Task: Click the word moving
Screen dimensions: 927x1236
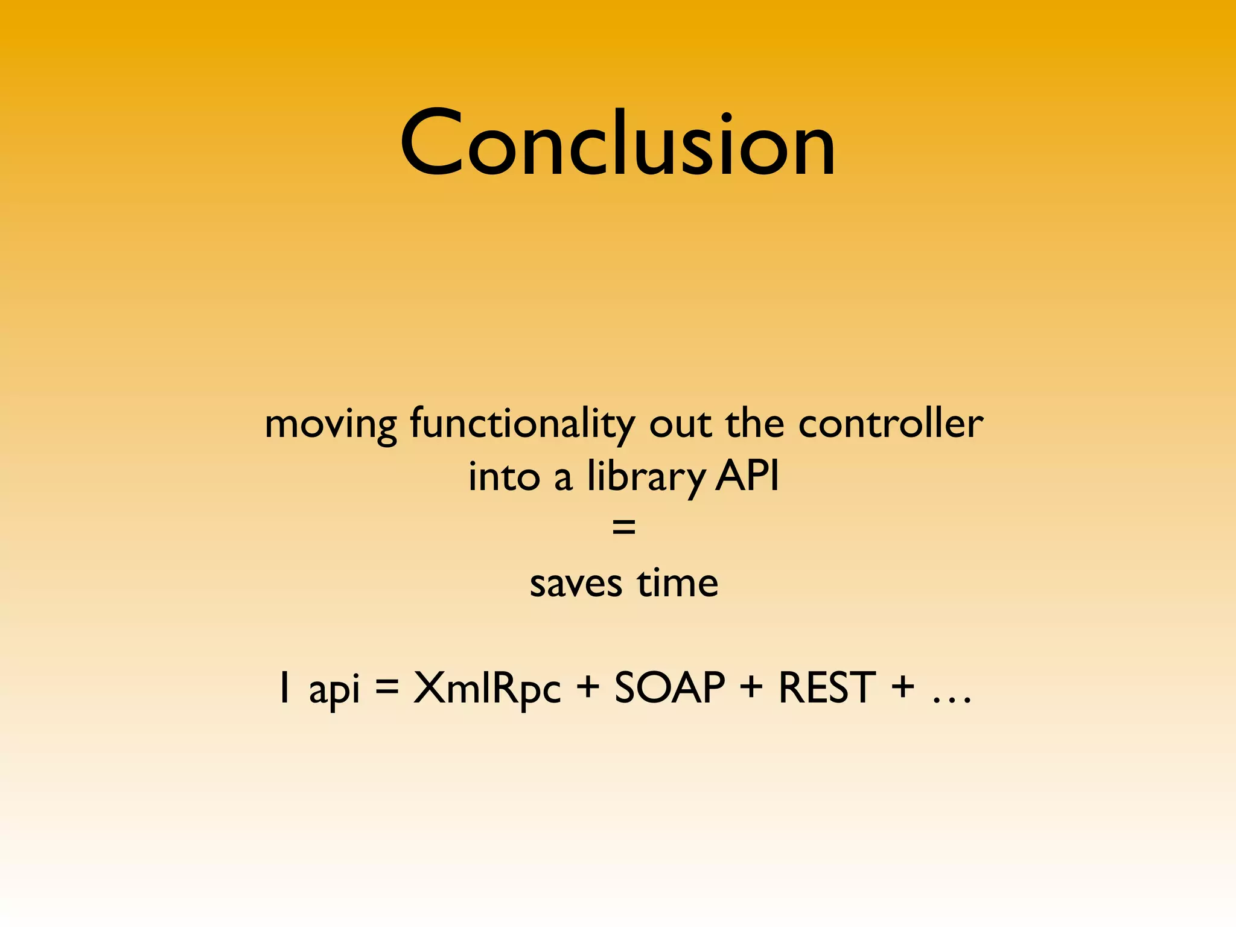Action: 330,425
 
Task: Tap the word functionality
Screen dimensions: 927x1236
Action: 522,425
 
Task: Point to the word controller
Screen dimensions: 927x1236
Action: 890,424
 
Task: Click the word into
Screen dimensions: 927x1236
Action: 504,477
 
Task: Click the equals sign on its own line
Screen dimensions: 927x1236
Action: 623,527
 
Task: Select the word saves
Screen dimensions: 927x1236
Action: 576,584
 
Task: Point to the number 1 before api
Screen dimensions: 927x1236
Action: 284,688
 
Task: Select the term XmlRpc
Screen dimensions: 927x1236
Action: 486,689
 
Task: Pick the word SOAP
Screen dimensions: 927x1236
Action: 669,687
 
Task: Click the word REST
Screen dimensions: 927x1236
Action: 826,687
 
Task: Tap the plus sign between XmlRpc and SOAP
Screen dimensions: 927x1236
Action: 587,687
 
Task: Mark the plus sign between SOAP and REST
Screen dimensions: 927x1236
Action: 751,687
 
